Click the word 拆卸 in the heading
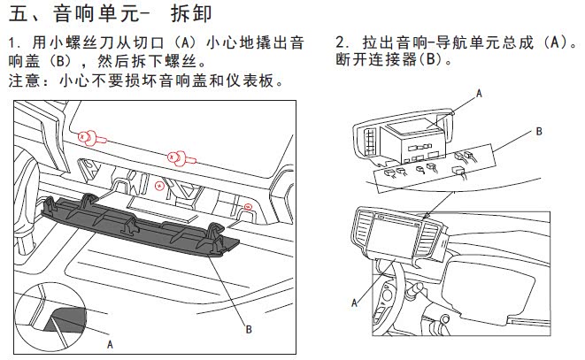pos(191,14)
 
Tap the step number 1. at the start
pos(15,43)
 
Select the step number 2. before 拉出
pos(343,42)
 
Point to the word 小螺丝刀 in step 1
pos(73,43)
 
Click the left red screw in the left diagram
pos(91,138)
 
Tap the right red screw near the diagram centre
pos(181,157)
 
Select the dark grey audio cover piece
pos(140,226)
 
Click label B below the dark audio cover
pos(249,329)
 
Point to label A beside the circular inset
pos(110,344)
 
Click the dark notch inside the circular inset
pos(66,319)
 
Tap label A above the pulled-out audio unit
pos(479,93)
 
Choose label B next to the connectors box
pos(539,131)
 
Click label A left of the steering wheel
pos(354,303)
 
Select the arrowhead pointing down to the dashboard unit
pos(427,216)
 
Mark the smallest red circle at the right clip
pos(247,206)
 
